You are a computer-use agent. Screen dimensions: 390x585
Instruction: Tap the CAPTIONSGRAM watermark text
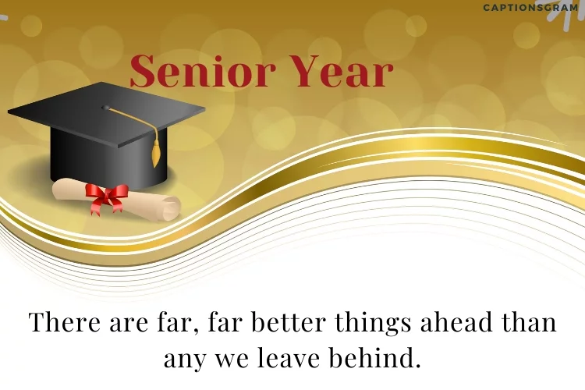pyautogui.click(x=530, y=8)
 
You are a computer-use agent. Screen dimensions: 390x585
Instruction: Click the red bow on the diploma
pyautogui.click(x=106, y=196)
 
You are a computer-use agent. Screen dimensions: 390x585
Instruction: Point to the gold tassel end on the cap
pyautogui.click(x=156, y=157)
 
